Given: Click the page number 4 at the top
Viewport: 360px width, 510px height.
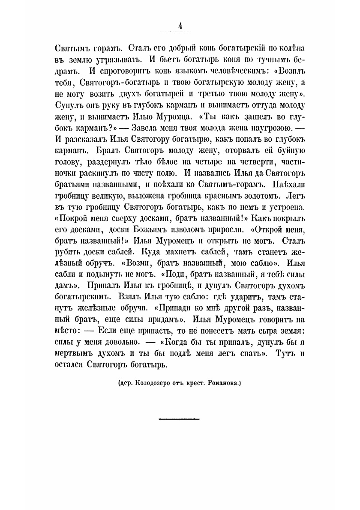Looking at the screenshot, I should pyautogui.click(x=180, y=26).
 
